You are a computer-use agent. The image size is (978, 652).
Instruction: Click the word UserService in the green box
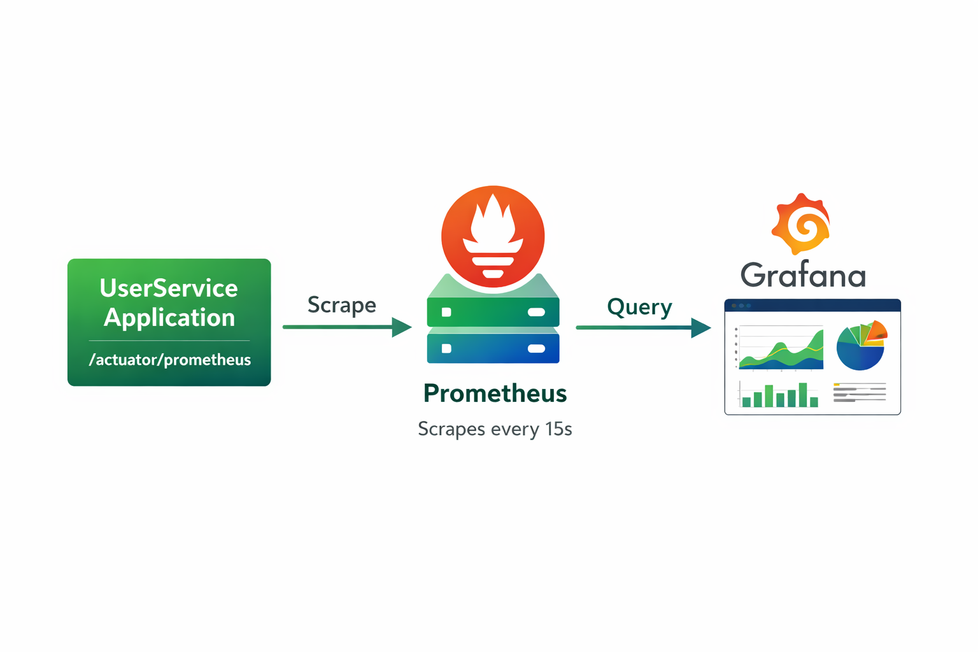169,288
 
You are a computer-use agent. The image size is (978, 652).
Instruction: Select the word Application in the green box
169,318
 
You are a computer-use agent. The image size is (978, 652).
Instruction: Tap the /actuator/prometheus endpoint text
169,360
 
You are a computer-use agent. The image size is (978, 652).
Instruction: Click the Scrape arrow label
341,305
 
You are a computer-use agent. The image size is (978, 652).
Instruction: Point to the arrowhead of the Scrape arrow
402,327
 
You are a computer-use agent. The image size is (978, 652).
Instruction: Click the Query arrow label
639,307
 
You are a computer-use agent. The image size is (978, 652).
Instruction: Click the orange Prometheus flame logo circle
493,236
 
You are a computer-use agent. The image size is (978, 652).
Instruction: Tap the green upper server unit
493,312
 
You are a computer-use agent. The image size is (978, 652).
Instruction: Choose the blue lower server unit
493,348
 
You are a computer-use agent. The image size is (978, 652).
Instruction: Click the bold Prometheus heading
495,393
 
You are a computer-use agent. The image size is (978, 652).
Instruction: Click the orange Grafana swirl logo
801,225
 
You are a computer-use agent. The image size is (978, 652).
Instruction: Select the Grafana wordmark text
803,276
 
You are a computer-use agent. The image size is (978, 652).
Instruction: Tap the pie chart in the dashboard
860,348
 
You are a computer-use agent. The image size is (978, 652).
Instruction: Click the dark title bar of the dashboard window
812,306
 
